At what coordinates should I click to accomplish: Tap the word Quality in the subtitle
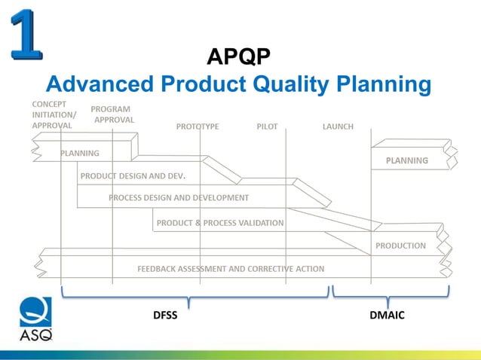pos(290,84)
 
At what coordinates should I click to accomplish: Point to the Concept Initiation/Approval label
pos(52,114)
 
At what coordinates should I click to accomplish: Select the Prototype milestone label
pos(198,127)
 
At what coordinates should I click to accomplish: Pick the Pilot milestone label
pos(268,127)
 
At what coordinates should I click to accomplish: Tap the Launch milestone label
pos(338,127)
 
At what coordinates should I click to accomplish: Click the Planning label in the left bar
pos(80,153)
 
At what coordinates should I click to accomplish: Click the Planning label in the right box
pos(407,160)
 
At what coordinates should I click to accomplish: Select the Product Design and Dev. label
pos(133,176)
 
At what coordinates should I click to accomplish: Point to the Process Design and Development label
pos(179,198)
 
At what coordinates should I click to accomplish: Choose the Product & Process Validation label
pos(220,223)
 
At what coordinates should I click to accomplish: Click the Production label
pos(400,246)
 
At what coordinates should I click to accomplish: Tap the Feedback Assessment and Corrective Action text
pos(231,268)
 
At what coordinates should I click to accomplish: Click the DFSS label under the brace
pos(165,315)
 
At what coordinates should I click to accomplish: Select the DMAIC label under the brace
pos(387,315)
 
